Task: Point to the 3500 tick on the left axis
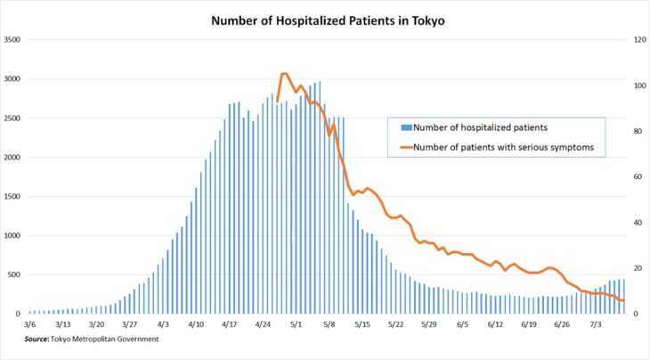tap(12, 40)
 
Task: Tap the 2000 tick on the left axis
tap(12, 158)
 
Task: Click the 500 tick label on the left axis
tap(14, 275)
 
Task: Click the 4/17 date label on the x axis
tap(229, 325)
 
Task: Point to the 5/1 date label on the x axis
tap(295, 325)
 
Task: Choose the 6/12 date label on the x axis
tap(496, 325)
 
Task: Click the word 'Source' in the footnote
tap(36, 340)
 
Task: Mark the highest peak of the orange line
tap(283, 74)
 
